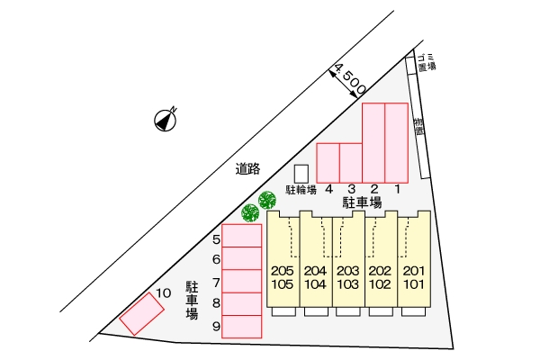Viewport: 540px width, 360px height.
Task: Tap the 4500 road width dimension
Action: pos(347,79)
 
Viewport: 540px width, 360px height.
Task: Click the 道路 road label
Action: pos(247,167)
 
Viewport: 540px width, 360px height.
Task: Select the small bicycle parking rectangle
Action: pos(301,173)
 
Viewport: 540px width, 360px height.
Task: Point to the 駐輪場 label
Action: pos(301,190)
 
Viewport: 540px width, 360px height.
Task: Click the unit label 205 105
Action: pos(283,278)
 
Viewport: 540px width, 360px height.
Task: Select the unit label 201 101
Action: pos(414,278)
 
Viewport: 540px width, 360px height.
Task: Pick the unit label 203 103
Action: pos(348,278)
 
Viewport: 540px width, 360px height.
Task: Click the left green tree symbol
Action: pos(250,212)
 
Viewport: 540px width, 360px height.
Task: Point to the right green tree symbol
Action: pos(266,199)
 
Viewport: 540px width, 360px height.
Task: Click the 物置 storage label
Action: pos(418,127)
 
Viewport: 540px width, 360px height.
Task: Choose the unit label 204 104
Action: pos(315,278)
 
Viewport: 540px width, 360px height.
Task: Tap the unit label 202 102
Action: pos(381,278)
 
